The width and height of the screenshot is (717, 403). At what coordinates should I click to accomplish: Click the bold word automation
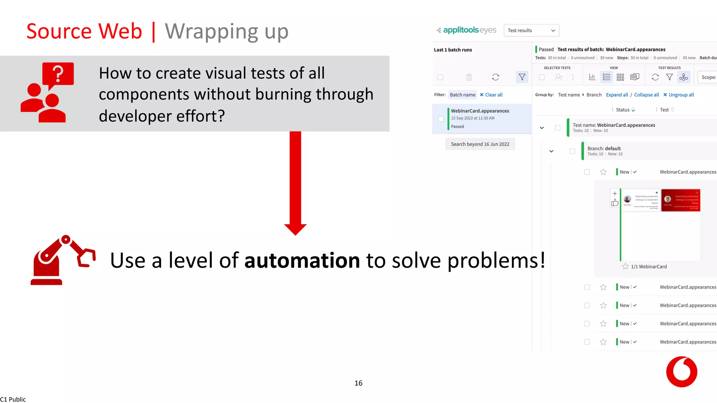[302, 261]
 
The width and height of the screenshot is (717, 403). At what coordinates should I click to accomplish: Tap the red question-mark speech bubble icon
[58, 74]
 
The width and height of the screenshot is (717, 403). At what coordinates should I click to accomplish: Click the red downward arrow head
[295, 229]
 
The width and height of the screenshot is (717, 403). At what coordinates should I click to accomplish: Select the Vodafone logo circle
[681, 372]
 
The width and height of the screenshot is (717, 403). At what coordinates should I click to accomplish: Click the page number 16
[358, 383]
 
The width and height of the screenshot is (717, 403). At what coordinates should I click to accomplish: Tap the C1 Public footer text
[13, 400]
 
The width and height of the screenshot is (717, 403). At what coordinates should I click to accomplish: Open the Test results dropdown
[531, 30]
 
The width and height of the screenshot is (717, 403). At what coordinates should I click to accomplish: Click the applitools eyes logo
[466, 30]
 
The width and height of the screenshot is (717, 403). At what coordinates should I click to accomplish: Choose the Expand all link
[617, 95]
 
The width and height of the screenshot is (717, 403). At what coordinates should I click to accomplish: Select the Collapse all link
[646, 95]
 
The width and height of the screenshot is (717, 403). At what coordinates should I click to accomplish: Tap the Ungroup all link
[678, 95]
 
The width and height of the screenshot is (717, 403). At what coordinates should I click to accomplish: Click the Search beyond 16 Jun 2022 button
[480, 144]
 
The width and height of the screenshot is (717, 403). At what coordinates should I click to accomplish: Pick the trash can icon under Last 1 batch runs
[469, 77]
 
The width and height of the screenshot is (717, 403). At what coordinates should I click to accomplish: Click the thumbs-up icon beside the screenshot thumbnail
[615, 203]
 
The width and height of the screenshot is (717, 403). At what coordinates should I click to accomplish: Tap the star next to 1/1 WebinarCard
[625, 267]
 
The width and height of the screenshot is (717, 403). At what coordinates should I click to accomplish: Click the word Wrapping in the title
[211, 31]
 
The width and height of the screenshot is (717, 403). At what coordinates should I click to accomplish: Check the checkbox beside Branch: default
[572, 151]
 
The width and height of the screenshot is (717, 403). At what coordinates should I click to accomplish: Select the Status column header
[623, 110]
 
